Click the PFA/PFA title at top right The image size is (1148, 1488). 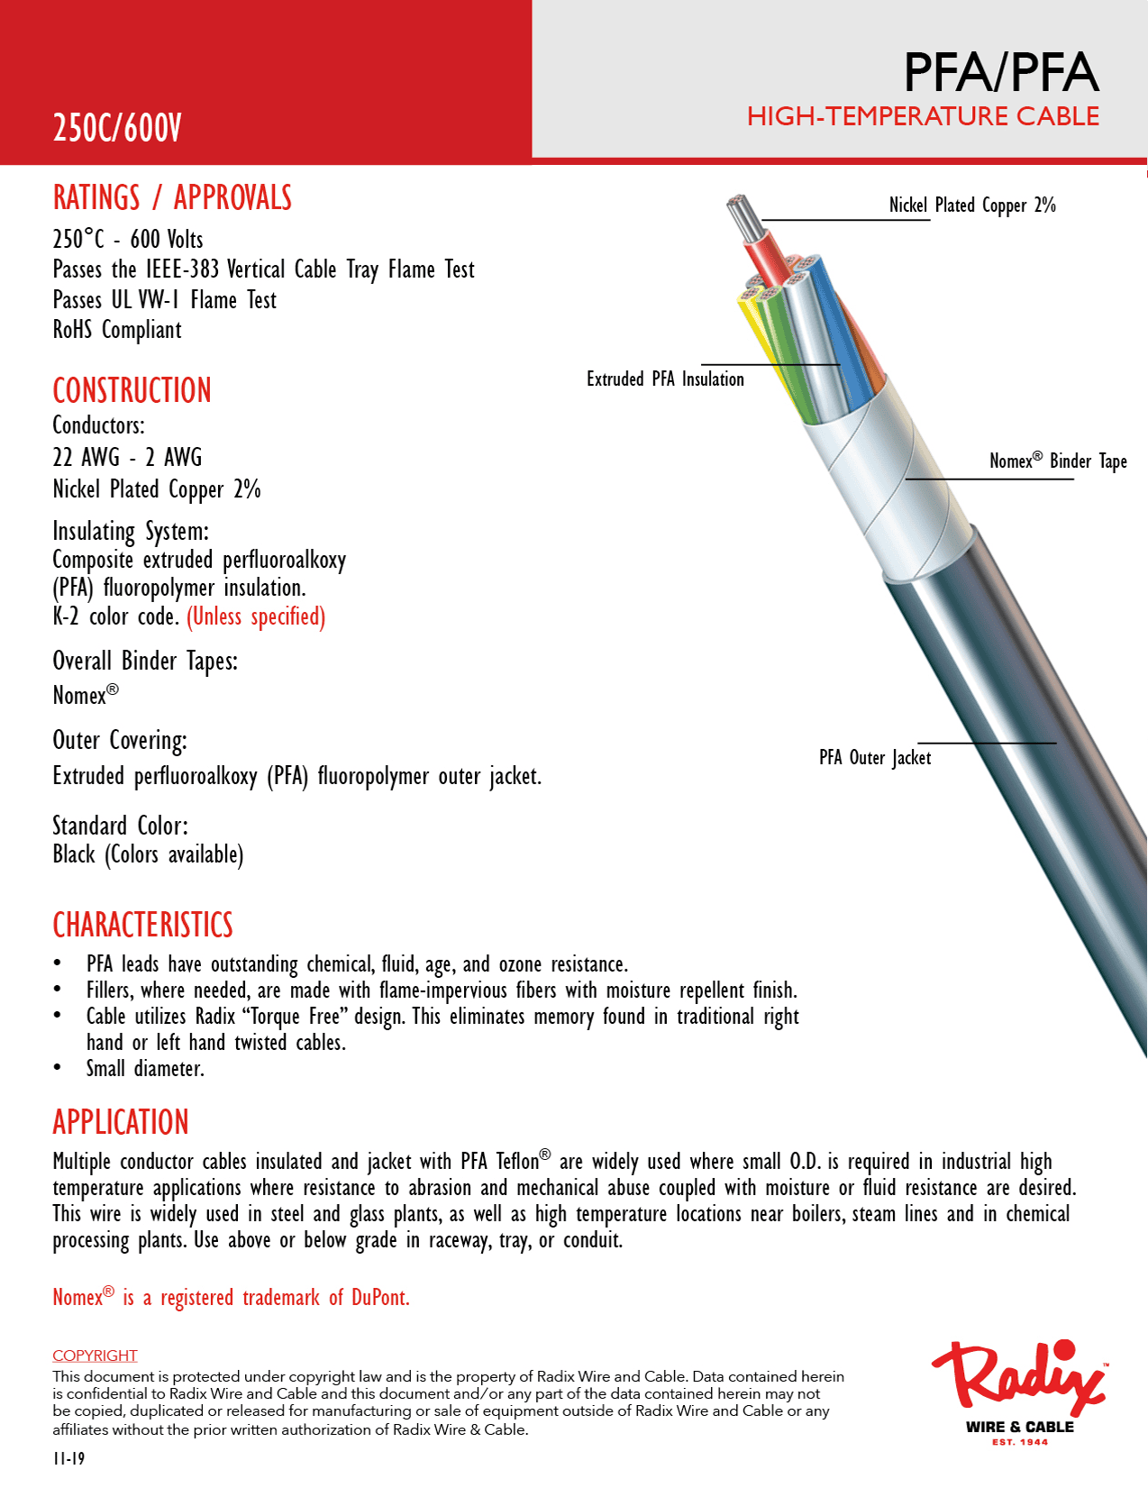pyautogui.click(x=1000, y=73)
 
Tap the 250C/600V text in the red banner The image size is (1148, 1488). pyautogui.click(x=117, y=128)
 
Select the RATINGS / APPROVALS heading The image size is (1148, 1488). pyautogui.click(x=172, y=197)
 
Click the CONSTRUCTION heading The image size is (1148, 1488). pyautogui.click(x=132, y=390)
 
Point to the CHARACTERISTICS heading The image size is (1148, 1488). pyautogui.click(x=142, y=925)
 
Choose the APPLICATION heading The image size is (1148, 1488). pyautogui.click(x=121, y=1122)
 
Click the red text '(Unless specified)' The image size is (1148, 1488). pyautogui.click(x=256, y=616)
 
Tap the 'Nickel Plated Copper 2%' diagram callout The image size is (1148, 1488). pyautogui.click(x=971, y=205)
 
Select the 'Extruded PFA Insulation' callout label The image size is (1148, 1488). pyautogui.click(x=665, y=379)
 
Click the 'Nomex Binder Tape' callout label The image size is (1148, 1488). pyautogui.click(x=1057, y=461)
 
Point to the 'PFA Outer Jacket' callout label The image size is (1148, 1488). pyautogui.click(x=874, y=758)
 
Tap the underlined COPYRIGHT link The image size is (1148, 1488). pyautogui.click(x=95, y=1356)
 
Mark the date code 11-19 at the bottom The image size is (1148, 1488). pyautogui.click(x=68, y=1458)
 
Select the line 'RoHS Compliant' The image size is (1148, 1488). pyautogui.click(x=117, y=330)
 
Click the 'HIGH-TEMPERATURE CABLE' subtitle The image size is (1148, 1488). pyautogui.click(x=923, y=116)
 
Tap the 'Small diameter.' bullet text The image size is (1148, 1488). pyautogui.click(x=145, y=1069)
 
